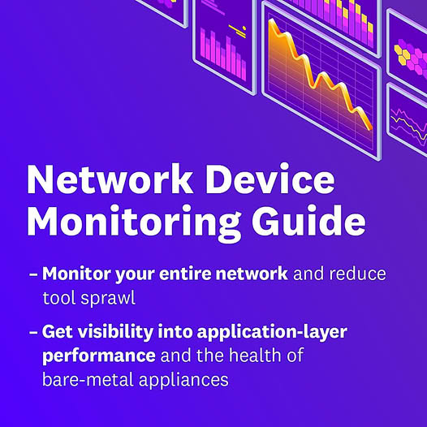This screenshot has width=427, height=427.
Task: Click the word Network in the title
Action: [x=110, y=180]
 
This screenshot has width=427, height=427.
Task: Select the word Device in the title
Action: [x=270, y=179]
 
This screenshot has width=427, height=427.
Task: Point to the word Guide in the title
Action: [x=308, y=220]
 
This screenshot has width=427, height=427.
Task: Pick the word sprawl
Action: [x=108, y=299]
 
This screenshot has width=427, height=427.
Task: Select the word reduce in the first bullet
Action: [x=357, y=274]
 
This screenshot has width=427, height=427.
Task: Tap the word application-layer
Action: [x=272, y=332]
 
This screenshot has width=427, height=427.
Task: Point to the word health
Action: [x=255, y=355]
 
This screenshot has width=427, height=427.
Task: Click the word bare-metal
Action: [x=88, y=380]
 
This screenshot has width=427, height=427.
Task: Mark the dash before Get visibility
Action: [x=33, y=332]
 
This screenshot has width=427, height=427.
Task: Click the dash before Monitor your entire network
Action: [x=33, y=274]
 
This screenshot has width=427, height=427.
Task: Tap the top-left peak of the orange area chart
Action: [x=272, y=20]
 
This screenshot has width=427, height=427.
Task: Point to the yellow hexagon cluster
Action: [x=402, y=55]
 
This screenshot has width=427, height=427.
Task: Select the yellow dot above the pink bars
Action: [x=244, y=28]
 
